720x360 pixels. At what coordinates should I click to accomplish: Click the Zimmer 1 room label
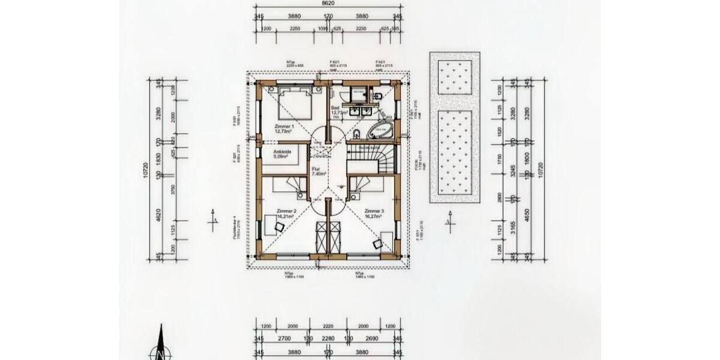tap(284, 129)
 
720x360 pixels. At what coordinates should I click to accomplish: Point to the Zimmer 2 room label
tap(286, 214)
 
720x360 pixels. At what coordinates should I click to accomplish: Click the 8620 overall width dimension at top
tap(327, 4)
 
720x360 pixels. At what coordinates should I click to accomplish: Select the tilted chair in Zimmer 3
tap(378, 243)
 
